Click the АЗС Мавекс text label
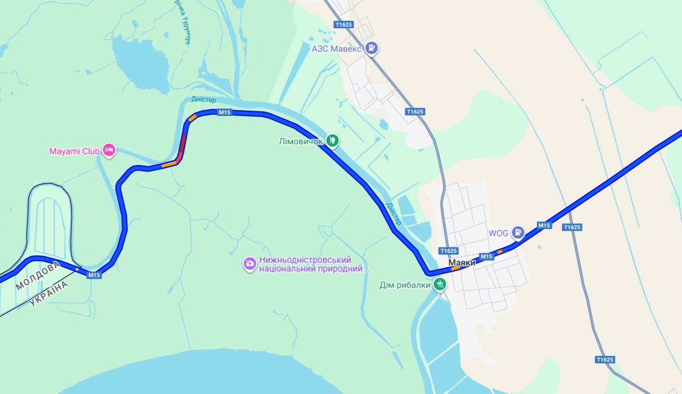337,49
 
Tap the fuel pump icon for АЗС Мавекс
372,49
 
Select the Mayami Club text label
74,151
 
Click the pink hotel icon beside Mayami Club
109,150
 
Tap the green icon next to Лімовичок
333,140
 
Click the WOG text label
498,233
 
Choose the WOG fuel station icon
518,233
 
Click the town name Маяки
462,263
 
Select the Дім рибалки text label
405,285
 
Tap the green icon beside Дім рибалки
439,284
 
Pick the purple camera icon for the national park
250,264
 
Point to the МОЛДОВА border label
37,275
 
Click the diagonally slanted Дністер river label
393,213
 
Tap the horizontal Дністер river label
204,100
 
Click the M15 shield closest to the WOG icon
544,225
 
